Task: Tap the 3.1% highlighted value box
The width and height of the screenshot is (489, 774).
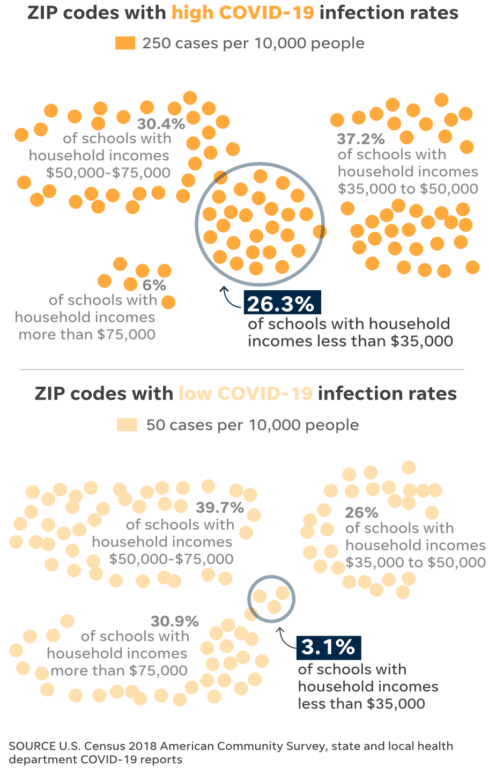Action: pos(329,647)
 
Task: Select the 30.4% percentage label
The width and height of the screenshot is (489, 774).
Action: pos(161,124)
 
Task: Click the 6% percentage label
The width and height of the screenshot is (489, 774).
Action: pos(154,285)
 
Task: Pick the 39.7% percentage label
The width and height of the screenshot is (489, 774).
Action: pos(220,507)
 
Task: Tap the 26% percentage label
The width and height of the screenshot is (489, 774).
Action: pos(362,513)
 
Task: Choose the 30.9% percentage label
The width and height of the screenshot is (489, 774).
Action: pos(175,622)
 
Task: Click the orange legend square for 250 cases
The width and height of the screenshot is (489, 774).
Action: pos(125,43)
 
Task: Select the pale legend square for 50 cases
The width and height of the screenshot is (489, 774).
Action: pos(127,425)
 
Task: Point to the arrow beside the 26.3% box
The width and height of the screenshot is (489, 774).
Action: pos(229,298)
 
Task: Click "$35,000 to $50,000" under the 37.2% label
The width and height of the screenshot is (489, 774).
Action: pos(408,189)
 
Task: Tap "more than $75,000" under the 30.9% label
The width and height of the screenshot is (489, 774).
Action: pos(119,670)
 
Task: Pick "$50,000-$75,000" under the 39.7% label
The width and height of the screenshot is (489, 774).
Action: pos(172,559)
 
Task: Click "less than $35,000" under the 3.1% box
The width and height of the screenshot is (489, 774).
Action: pos(361,704)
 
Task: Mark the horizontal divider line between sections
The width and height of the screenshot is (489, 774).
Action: pos(242,370)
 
